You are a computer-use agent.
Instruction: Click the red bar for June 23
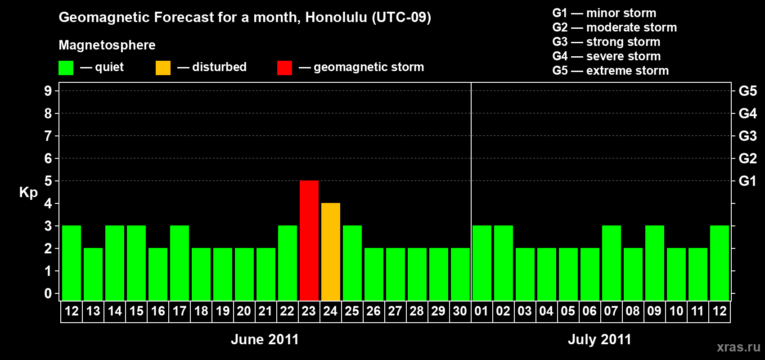(309, 240)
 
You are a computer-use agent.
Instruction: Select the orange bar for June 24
(331, 252)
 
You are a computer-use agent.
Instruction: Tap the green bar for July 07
(611, 263)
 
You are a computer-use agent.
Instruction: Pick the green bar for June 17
(179, 263)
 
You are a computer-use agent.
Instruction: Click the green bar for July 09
(655, 263)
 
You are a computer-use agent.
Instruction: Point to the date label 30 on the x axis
(460, 311)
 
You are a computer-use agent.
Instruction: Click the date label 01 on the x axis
(481, 311)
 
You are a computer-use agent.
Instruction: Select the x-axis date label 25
(352, 311)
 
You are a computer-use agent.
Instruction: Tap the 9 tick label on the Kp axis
(48, 91)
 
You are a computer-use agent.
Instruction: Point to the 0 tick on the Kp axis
(48, 293)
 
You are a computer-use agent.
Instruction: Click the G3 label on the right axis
(747, 136)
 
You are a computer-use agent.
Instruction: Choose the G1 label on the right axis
(747, 181)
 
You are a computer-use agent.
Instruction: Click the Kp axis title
(28, 193)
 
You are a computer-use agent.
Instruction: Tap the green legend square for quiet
(66, 68)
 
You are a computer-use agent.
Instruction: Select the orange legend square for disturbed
(163, 68)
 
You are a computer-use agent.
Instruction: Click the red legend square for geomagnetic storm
(284, 68)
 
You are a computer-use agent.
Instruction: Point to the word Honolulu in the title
(336, 17)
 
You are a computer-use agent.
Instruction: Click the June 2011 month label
(265, 339)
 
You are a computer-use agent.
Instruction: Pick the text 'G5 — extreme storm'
(610, 71)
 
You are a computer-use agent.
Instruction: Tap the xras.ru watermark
(738, 347)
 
